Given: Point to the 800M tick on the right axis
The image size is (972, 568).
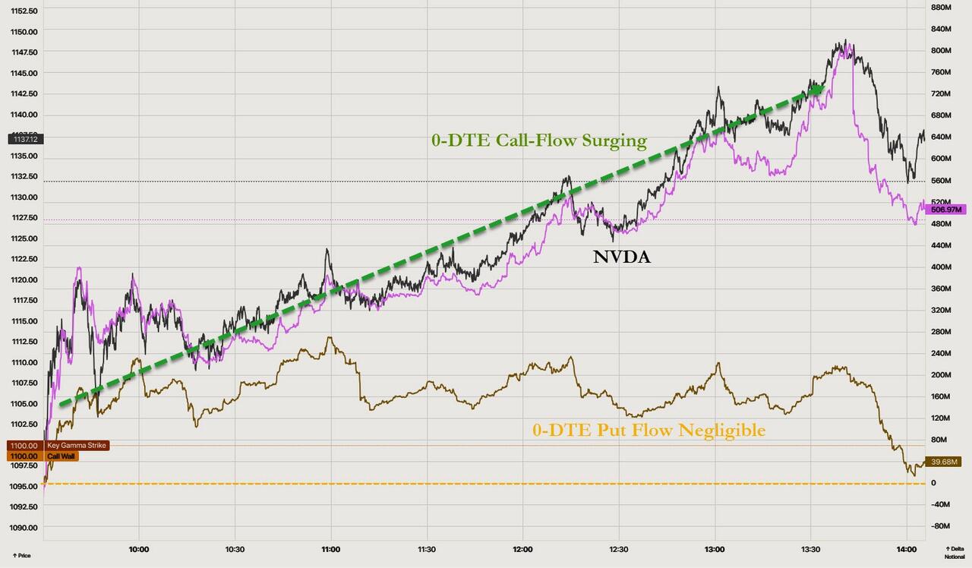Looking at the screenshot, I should click(x=941, y=50).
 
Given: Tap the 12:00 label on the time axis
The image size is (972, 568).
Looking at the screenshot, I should click(x=522, y=548).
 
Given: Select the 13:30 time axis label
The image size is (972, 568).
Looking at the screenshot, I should click(x=810, y=548).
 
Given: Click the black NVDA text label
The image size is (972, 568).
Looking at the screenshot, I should click(x=621, y=257).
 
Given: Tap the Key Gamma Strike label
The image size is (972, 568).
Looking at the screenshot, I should click(x=77, y=446).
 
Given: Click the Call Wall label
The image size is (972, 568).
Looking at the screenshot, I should click(x=62, y=456).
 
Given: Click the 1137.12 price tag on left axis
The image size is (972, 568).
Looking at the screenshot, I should click(x=26, y=139).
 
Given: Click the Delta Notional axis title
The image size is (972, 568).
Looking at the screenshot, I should click(x=953, y=552).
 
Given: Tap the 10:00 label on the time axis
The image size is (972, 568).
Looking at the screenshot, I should click(x=139, y=548).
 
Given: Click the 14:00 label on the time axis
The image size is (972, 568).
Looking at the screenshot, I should click(x=907, y=548).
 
